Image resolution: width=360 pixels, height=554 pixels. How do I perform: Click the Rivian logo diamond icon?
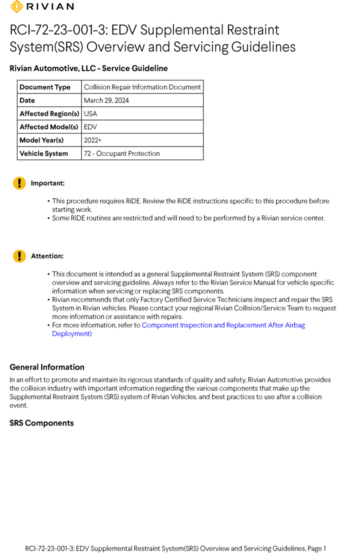click(16, 6)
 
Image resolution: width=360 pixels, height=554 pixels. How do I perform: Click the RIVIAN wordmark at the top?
click(50, 6)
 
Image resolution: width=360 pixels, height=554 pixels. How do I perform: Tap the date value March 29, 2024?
click(106, 100)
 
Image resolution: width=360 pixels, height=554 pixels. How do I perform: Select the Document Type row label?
click(45, 87)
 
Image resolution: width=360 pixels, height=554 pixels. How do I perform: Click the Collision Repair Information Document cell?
click(142, 87)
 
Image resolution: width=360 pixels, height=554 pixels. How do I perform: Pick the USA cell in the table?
click(90, 113)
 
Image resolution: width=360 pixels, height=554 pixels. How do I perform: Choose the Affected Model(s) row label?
click(49, 127)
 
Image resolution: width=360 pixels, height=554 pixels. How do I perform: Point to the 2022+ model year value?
click(92, 140)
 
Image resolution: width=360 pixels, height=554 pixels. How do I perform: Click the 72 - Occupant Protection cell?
click(122, 153)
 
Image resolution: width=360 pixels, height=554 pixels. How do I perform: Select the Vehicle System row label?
click(43, 153)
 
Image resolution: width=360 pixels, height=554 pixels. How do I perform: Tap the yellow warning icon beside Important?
click(19, 183)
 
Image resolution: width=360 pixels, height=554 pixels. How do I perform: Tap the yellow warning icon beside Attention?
click(19, 256)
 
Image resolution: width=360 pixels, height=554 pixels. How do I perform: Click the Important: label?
click(47, 183)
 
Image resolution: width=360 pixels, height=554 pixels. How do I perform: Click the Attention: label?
click(47, 256)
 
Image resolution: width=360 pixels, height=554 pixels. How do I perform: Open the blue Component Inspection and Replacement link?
click(223, 325)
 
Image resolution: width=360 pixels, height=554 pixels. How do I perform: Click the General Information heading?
click(47, 367)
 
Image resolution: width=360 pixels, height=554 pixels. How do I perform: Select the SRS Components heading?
click(41, 423)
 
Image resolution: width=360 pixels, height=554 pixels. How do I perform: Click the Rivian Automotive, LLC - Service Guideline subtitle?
click(88, 68)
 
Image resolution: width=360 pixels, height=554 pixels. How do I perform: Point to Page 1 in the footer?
click(317, 548)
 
